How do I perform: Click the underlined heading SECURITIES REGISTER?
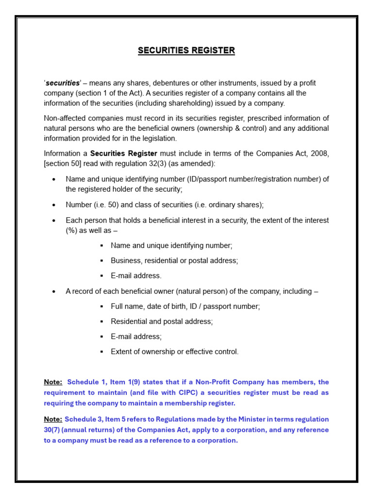click(186, 51)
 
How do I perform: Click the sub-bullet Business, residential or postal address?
click(174, 260)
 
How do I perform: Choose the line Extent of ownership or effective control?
click(174, 352)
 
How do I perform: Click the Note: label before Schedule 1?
click(53, 382)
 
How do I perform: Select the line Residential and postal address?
click(162, 321)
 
